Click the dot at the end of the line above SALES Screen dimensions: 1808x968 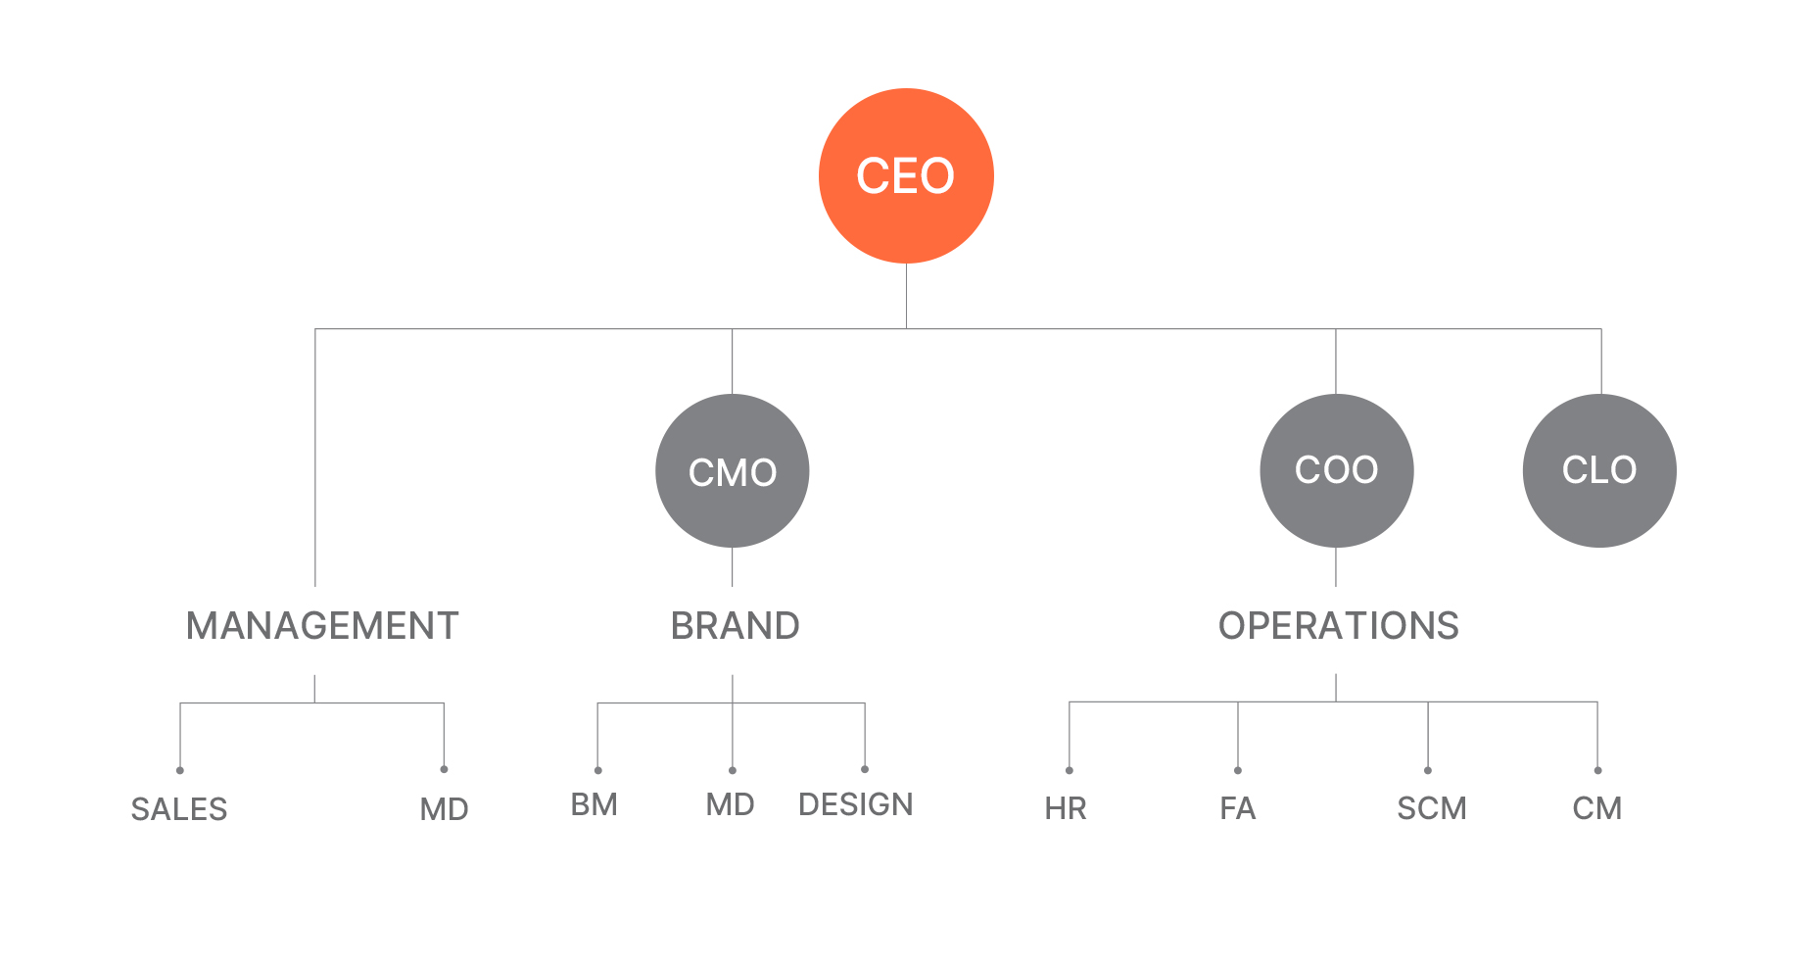180,770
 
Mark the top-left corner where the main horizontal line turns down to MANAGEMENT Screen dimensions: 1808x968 315,329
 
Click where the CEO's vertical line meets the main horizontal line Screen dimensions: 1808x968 906,329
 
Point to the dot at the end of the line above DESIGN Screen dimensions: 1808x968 865,769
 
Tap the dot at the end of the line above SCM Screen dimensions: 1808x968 1428,770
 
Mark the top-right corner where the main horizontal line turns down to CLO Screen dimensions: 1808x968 1601,329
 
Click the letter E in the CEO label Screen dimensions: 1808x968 905,176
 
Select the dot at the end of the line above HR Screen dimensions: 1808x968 1070,770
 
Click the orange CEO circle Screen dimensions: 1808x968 906,176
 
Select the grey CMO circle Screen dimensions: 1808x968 733,470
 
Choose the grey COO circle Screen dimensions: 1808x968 1337,470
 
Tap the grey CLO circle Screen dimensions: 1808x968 1599,470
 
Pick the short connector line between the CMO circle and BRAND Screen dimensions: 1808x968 733,567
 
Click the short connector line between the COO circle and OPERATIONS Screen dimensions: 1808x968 1336,567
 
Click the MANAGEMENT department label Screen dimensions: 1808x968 322,626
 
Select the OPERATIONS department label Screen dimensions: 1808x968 1339,626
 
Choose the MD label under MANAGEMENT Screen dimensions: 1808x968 445,809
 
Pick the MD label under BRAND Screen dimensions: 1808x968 731,804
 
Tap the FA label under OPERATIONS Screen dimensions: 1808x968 1238,808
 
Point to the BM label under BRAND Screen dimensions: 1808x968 595,804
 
